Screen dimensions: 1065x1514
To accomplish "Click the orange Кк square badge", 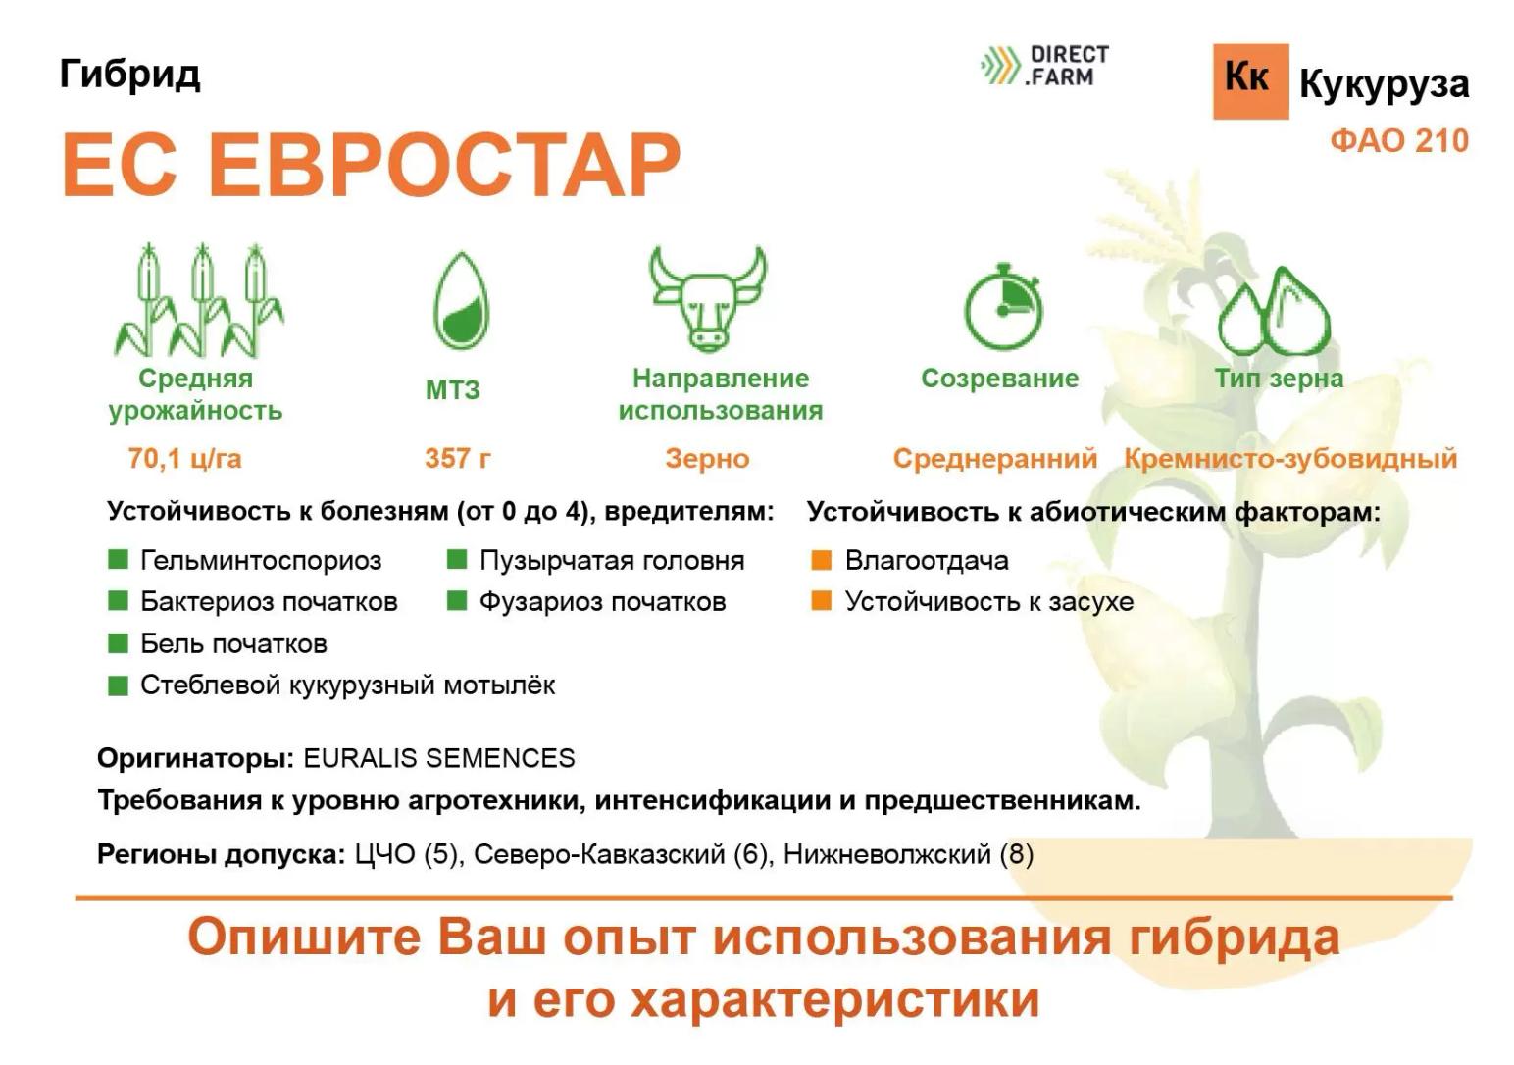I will [1249, 81].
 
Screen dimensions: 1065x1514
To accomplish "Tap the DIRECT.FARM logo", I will [1045, 66].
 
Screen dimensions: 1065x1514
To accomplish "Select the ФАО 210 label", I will [1398, 140].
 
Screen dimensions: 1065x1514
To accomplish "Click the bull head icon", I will [707, 297].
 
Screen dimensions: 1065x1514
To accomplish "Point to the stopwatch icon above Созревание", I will [1001, 305].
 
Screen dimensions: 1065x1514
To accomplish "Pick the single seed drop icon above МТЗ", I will [461, 301].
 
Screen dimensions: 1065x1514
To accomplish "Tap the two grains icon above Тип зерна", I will [1274, 312].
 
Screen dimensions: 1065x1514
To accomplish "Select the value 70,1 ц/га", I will [184, 458].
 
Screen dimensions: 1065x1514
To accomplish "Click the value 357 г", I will [458, 458].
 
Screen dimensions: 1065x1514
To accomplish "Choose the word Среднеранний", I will [994, 458].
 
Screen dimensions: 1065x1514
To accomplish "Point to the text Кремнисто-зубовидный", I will [1289, 458].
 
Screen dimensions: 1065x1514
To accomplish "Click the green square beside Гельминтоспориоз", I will [119, 560].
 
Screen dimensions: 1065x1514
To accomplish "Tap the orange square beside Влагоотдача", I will [822, 560].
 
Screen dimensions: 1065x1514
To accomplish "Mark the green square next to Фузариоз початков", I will [457, 601].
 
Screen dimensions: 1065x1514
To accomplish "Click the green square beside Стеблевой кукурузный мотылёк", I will [119, 685].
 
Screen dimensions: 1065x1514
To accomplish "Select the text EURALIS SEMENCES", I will [439, 758].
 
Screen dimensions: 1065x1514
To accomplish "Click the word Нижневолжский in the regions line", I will [886, 854].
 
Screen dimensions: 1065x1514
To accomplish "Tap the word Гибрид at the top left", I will [129, 73].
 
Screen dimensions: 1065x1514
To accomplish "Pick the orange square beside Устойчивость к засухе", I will [822, 601].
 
